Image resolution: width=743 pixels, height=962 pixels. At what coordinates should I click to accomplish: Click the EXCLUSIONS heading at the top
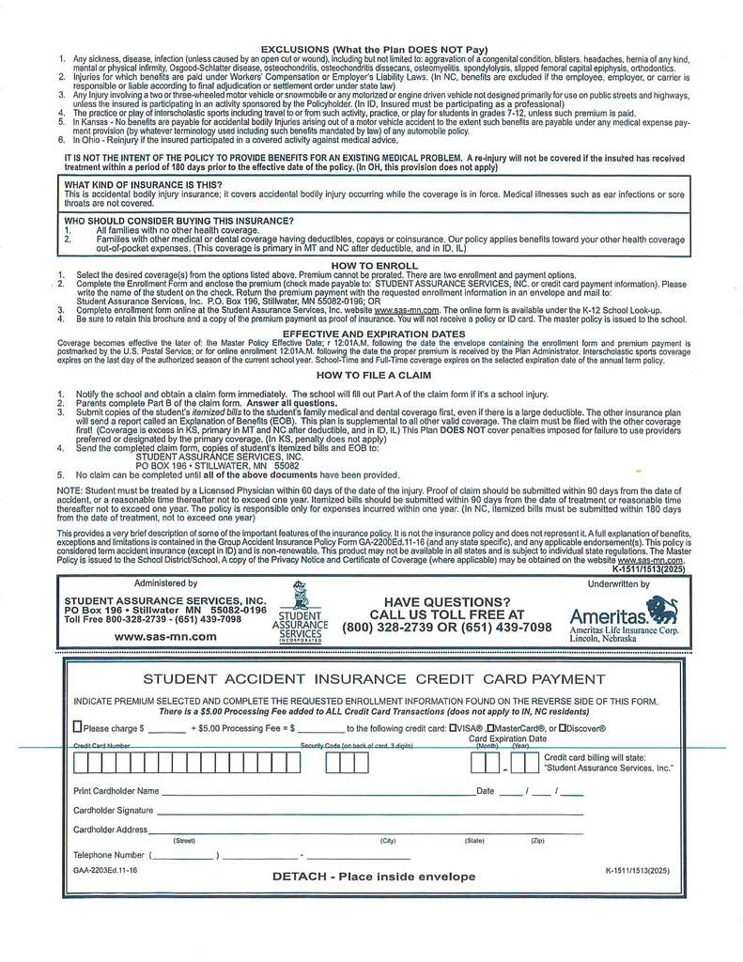374,49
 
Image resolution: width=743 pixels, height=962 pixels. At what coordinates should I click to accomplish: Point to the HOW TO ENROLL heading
374,266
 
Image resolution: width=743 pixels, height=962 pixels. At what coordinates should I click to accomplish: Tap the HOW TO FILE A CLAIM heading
374,375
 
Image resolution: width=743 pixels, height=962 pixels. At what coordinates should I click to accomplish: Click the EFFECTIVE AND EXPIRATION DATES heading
374,334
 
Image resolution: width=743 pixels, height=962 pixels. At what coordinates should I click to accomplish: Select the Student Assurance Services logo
300,611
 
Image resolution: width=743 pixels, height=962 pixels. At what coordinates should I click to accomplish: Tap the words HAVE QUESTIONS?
446,602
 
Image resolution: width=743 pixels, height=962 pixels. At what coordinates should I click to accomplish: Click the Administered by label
165,583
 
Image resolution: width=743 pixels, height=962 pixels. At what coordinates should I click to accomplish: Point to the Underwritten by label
618,583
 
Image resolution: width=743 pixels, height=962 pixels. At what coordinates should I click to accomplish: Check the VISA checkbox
454,727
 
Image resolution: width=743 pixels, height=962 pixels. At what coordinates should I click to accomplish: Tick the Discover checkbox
562,727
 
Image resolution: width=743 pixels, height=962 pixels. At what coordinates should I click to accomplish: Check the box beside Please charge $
78,727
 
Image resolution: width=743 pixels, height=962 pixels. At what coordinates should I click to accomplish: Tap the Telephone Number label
108,855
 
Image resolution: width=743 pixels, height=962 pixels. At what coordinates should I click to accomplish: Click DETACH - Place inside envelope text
374,876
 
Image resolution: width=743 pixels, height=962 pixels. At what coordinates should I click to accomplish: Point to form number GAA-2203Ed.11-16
105,871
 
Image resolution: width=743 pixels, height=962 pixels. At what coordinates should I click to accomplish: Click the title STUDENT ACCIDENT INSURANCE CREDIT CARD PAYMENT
374,678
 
